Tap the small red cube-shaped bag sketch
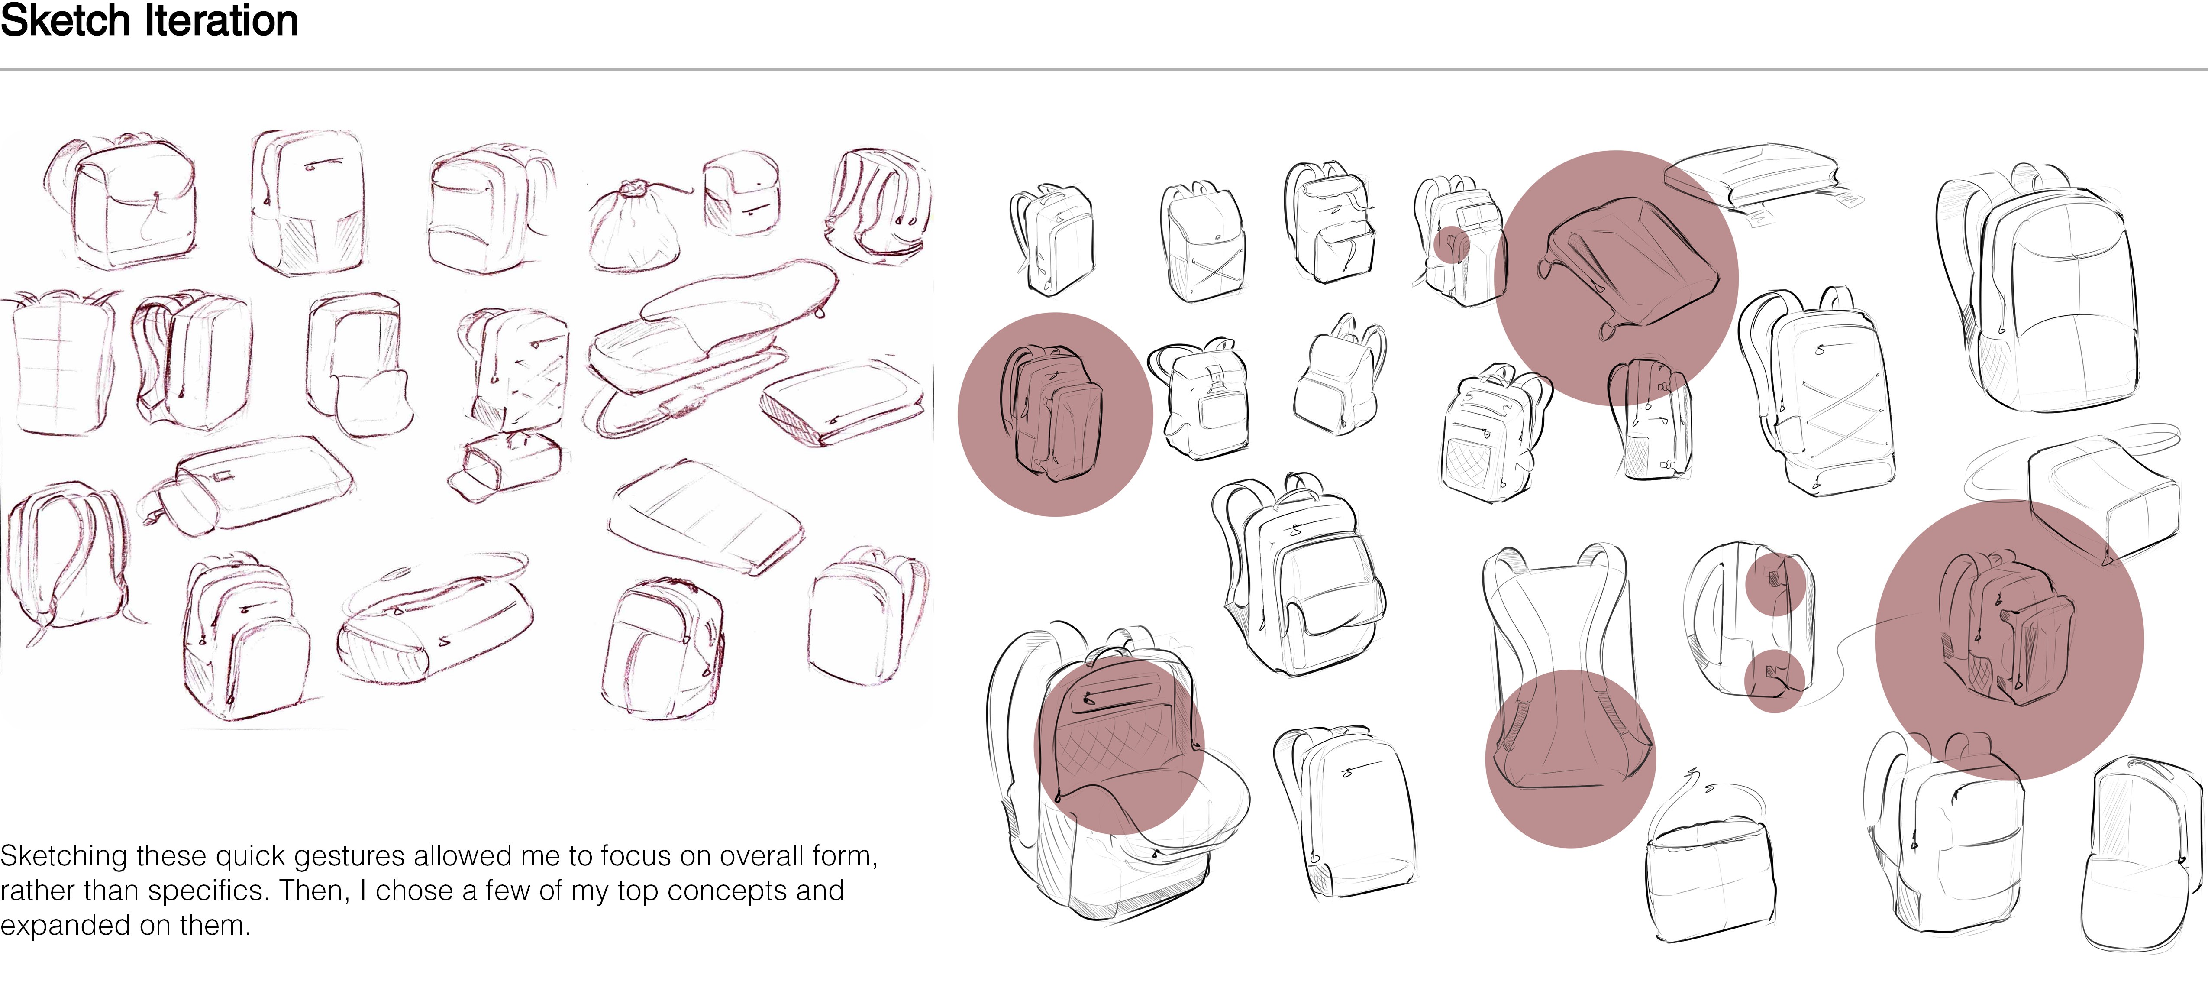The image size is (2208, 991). coord(743,194)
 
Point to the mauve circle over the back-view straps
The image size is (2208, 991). coord(1570,759)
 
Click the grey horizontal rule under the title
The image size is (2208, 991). coord(1104,68)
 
